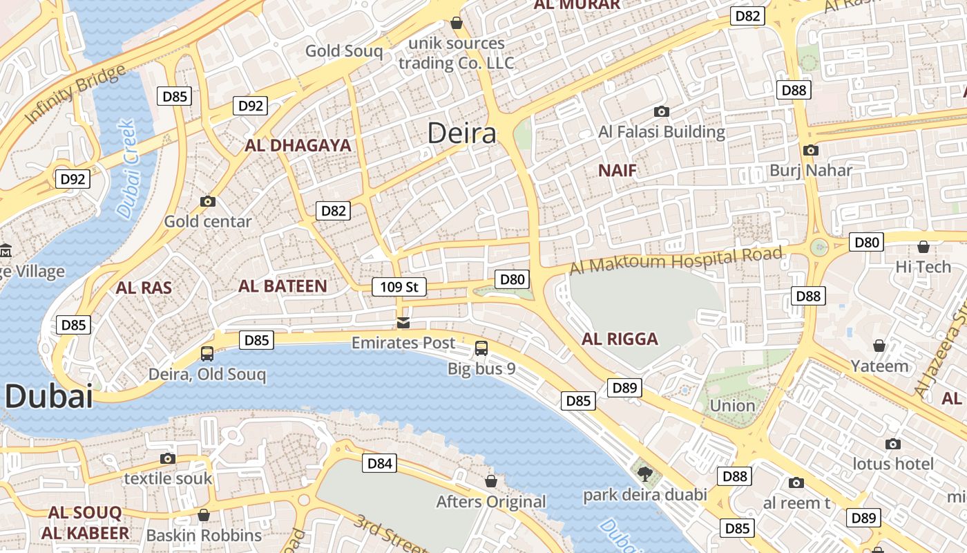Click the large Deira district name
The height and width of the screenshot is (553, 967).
461,133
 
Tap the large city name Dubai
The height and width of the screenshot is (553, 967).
48,397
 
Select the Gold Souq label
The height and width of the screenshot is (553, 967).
343,50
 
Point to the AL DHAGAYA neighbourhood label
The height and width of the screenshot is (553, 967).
298,146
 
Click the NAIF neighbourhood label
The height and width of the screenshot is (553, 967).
617,171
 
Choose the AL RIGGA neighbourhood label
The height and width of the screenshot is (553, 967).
620,339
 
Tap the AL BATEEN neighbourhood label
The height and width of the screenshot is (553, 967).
283,286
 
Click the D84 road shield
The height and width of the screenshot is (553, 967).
379,463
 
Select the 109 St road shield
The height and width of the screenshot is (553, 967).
399,286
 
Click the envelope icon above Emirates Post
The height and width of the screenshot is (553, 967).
403,322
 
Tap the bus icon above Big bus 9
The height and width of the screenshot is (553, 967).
481,348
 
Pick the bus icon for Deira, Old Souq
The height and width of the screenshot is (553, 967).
207,354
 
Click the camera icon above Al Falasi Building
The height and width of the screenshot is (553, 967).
661,111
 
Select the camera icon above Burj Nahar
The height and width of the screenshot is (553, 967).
810,150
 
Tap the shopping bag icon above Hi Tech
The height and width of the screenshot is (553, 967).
923,247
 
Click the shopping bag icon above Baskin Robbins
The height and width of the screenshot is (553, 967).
203,515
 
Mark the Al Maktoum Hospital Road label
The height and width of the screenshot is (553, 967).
676,261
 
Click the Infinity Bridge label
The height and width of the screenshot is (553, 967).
75,94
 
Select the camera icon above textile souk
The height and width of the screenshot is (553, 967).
167,458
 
